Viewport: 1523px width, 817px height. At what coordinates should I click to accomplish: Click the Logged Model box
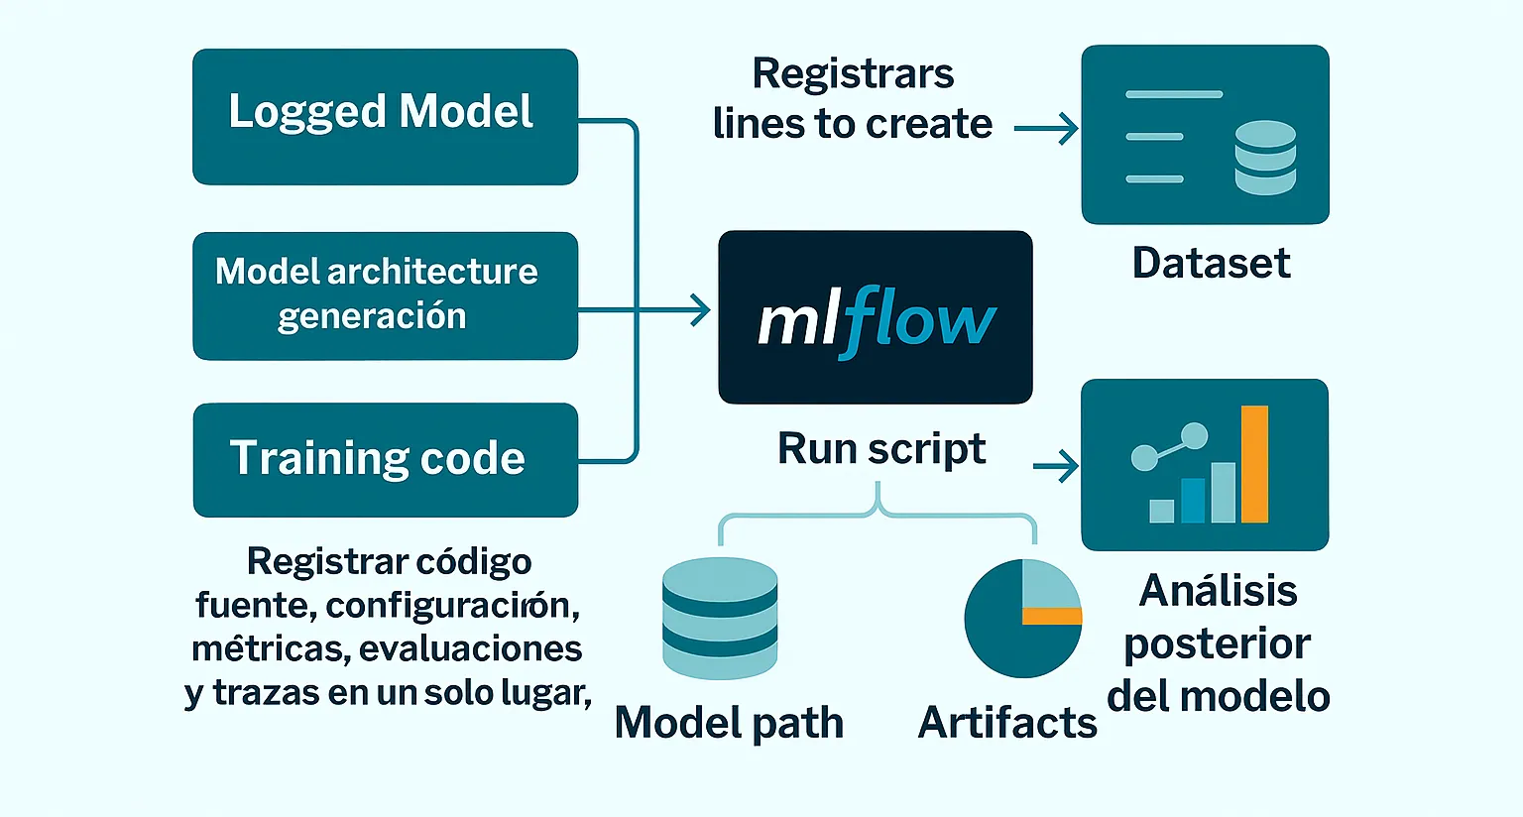pos(385,116)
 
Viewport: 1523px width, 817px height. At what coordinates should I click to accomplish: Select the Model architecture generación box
pos(385,295)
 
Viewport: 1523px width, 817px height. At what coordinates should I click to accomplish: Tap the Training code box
pos(385,459)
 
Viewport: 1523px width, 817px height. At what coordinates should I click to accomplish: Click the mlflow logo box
pos(875,317)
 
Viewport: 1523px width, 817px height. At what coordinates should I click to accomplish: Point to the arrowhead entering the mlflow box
pos(701,311)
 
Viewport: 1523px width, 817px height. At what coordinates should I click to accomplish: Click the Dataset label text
pos(1211,263)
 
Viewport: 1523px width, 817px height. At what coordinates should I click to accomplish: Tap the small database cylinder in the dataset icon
pos(1265,158)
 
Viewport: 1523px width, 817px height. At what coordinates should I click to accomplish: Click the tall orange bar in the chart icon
pos(1254,464)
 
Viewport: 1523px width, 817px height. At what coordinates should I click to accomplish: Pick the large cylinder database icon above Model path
pos(720,617)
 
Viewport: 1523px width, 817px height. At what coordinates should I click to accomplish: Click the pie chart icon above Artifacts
pos(1022,619)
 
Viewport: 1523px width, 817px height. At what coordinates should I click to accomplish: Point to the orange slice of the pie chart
pos(1052,617)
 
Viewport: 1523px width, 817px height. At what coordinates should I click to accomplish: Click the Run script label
pos(880,448)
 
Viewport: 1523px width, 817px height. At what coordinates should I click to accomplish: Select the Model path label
pos(729,722)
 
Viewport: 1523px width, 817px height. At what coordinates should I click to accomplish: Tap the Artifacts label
pos(1007,722)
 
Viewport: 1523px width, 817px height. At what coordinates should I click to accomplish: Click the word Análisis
pos(1218,591)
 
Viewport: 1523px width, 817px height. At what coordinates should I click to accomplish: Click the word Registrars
pos(853,74)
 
